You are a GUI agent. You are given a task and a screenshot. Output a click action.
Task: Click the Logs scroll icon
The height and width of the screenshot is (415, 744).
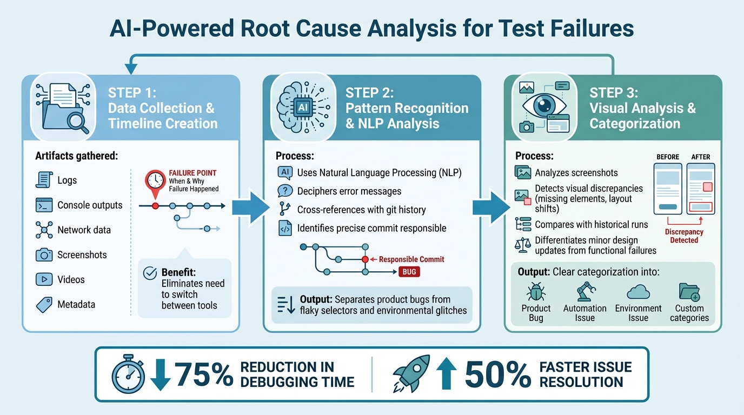click(x=43, y=180)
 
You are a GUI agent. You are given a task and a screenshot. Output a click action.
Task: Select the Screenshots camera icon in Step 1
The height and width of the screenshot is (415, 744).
click(x=43, y=255)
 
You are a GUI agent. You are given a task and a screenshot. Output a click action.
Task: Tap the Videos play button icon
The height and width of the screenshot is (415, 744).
click(x=43, y=279)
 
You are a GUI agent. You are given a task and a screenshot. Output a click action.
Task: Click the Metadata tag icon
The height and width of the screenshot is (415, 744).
click(x=43, y=304)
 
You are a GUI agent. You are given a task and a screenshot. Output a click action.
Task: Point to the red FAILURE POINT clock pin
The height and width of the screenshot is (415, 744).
click(x=155, y=182)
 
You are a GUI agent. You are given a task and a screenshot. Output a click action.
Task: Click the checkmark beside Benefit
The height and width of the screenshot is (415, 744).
click(x=149, y=273)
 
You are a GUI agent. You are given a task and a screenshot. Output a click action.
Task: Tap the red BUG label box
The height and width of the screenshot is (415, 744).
click(x=409, y=272)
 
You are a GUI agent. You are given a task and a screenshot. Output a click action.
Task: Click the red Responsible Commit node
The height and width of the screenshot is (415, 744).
click(x=365, y=259)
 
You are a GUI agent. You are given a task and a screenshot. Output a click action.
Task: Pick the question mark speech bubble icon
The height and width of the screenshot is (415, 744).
click(x=284, y=191)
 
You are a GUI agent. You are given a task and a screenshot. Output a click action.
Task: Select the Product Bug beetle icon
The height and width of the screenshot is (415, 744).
click(x=536, y=292)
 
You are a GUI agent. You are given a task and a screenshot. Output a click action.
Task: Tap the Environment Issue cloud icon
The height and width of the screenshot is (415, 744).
click(x=638, y=292)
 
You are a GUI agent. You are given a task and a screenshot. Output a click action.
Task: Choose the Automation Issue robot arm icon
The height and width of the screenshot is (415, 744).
click(x=584, y=292)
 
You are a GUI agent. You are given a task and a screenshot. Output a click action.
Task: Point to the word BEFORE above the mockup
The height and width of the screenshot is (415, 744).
click(x=668, y=157)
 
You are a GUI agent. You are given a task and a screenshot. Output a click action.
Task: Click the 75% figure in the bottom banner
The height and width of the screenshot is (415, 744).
click(x=203, y=374)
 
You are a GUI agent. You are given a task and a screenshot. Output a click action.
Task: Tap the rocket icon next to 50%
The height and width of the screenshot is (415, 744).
click(x=411, y=373)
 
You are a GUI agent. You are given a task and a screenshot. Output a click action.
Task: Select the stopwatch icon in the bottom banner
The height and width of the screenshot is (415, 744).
click(x=128, y=374)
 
